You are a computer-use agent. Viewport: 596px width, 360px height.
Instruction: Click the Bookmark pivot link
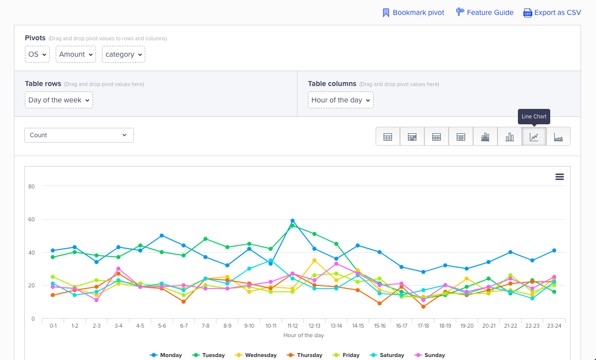(x=413, y=12)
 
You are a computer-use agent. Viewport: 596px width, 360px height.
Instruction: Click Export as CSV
(x=552, y=12)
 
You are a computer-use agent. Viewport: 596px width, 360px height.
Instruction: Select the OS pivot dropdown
(x=37, y=54)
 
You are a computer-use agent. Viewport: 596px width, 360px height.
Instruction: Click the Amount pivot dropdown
(x=76, y=54)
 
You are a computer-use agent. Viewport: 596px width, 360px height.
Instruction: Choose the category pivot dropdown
(x=123, y=54)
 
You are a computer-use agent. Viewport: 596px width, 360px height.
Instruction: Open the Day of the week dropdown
(x=59, y=100)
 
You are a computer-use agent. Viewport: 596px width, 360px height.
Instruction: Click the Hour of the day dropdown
(x=340, y=100)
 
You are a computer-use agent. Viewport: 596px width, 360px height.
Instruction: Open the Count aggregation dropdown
(x=79, y=135)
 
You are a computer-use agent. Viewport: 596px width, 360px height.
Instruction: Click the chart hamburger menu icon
(x=560, y=177)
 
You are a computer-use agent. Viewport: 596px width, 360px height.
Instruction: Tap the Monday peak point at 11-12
(x=293, y=221)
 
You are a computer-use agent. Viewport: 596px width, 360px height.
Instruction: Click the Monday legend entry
(x=166, y=355)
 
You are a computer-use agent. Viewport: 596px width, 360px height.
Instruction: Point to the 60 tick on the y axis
(x=31, y=220)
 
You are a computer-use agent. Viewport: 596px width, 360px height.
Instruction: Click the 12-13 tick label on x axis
(x=314, y=326)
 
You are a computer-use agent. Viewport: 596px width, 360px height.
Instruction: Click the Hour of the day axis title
(x=303, y=335)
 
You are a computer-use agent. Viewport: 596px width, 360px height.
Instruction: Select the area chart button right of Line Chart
(x=558, y=136)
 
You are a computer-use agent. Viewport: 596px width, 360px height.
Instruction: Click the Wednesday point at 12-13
(x=314, y=261)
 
